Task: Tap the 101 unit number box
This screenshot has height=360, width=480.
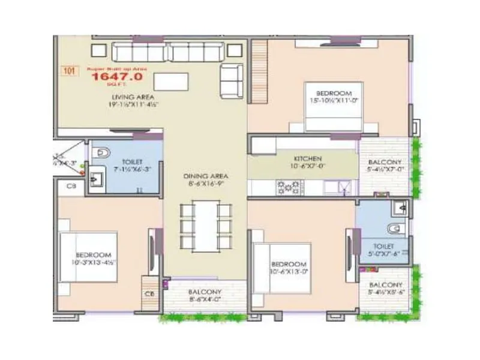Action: coord(70,71)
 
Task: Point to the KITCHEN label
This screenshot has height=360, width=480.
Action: coord(307,158)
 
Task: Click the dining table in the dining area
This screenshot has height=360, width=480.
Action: coord(205,226)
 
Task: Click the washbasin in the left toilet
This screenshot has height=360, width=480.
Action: coord(96,179)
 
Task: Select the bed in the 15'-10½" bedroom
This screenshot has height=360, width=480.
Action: coord(333,107)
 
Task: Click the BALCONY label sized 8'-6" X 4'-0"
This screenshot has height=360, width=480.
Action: coord(206,292)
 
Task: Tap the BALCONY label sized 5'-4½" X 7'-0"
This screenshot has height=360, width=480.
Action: coord(385,162)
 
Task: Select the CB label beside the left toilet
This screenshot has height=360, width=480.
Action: coord(71,187)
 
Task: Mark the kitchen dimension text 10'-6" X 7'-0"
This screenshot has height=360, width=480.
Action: coord(307,166)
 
